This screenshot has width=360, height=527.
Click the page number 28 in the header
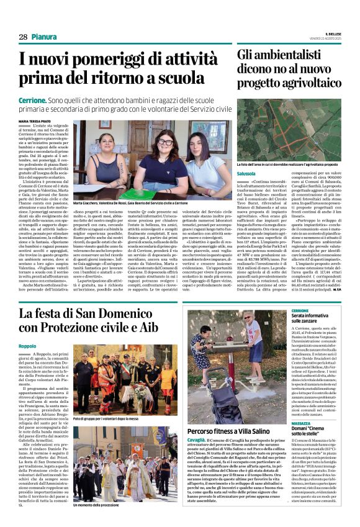pos(22,37)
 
